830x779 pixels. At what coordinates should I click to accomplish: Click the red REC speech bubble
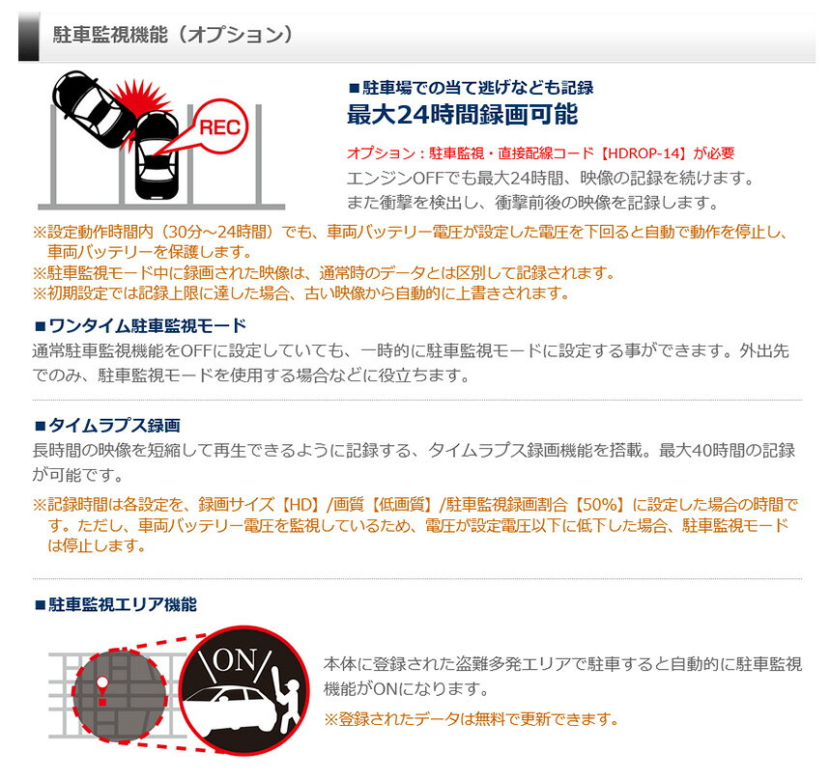coord(219,126)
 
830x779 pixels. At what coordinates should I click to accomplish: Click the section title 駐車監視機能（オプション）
coord(173,35)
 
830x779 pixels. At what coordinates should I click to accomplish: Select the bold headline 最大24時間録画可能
coord(462,114)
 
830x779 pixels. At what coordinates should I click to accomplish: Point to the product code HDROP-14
coord(643,153)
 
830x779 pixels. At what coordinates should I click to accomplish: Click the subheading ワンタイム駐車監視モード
coord(141,325)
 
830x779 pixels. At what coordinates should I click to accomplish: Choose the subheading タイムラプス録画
coord(107,425)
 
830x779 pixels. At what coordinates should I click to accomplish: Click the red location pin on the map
coord(101,689)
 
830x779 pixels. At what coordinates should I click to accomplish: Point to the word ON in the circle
coord(235,661)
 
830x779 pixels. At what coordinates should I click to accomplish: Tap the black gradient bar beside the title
coord(29,37)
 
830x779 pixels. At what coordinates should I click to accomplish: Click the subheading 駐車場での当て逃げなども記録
coord(472,87)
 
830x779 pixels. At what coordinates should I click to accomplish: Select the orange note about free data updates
coord(471,719)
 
